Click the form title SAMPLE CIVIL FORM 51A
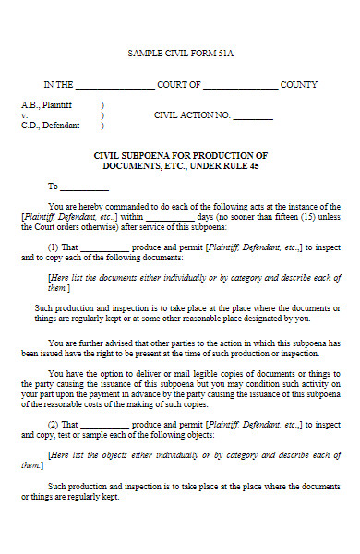(180, 54)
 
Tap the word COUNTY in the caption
(298, 84)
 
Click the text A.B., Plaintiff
(46, 105)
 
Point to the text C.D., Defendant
(50, 126)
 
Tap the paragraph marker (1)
(54, 247)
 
